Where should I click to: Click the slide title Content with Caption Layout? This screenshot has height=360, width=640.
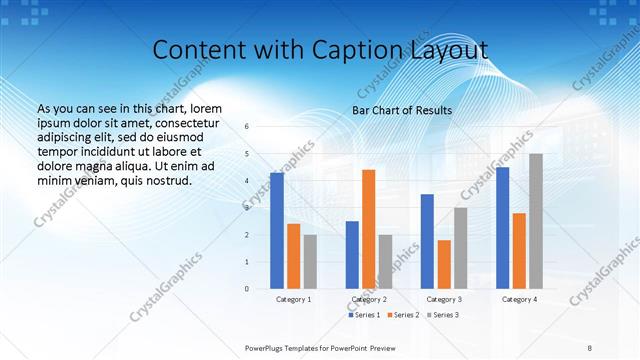coord(319,50)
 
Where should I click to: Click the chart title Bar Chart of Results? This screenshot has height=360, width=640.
coord(402,110)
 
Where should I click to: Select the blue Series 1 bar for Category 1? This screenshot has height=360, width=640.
coord(277,230)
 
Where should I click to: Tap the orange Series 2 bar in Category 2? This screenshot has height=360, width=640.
coord(368,229)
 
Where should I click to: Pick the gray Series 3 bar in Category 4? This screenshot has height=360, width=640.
coord(536,221)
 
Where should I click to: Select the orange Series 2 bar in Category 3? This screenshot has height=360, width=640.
coord(444,264)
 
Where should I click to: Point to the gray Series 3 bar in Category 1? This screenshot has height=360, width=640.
coord(310,261)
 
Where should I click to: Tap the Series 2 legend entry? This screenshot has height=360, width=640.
coord(403,315)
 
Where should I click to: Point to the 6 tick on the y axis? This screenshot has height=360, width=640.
coord(247,127)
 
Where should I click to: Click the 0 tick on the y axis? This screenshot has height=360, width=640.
coord(247,289)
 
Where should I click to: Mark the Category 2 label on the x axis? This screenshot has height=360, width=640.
coord(369,299)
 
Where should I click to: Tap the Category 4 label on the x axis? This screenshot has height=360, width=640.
coord(519,299)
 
